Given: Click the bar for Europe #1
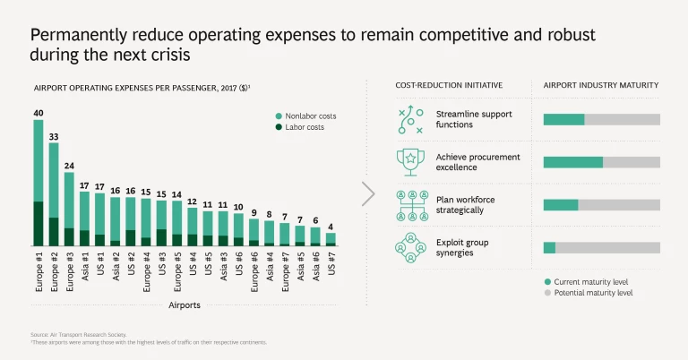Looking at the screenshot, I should [39, 183].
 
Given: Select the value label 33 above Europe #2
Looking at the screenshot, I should [54, 136].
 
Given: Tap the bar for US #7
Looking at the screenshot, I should [331, 239].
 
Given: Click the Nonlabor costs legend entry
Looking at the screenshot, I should [305, 116].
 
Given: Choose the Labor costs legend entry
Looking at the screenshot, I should [300, 127].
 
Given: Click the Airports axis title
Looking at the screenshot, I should [185, 304].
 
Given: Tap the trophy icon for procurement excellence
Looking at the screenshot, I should [411, 162].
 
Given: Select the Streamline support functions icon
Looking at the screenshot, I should [411, 119].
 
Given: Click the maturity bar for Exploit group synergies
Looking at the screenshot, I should [601, 247].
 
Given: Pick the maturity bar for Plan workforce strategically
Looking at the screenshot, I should [601, 204].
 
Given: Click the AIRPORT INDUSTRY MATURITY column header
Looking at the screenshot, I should [601, 85].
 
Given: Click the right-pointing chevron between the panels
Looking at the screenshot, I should [368, 193].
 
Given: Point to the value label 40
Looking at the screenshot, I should [39, 113].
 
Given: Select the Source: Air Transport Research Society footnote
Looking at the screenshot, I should [72, 334].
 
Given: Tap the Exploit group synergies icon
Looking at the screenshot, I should [411, 247].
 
